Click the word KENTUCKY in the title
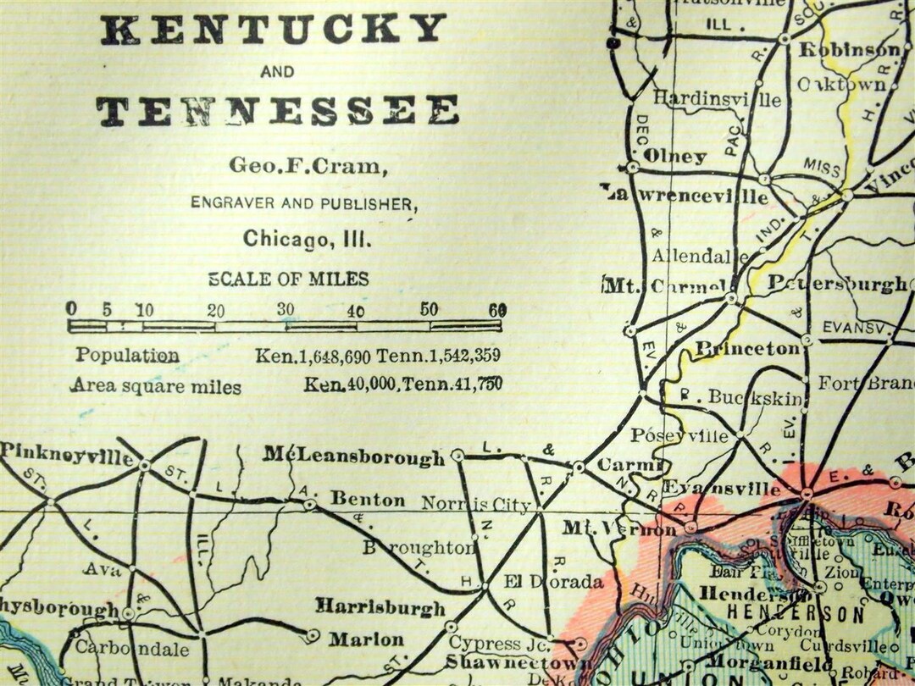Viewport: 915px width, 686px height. coord(273,30)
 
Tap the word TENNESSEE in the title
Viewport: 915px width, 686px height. coord(277,111)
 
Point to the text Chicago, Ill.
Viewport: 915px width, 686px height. coord(308,240)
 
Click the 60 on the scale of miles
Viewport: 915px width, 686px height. coord(497,309)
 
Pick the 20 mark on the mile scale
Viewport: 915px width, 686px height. coord(216,309)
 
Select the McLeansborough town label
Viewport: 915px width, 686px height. coord(353,457)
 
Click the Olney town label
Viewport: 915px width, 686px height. coord(674,156)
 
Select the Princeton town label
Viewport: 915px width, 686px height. coord(746,348)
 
